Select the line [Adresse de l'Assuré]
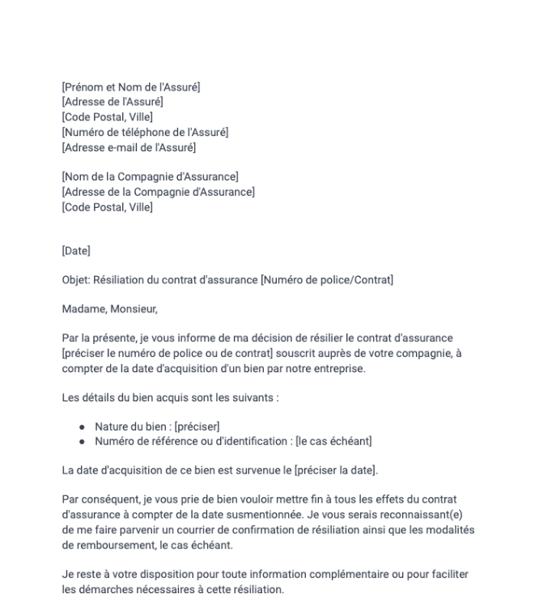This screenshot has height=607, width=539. click(x=112, y=102)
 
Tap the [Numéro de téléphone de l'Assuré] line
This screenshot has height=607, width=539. click(x=145, y=132)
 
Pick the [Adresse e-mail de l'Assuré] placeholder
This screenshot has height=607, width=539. click(x=129, y=147)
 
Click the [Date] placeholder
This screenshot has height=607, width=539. click(x=76, y=251)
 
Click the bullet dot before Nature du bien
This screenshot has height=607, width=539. click(x=83, y=427)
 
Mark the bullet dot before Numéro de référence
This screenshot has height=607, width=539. click(x=83, y=441)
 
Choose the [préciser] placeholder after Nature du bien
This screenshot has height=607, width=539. click(x=197, y=427)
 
